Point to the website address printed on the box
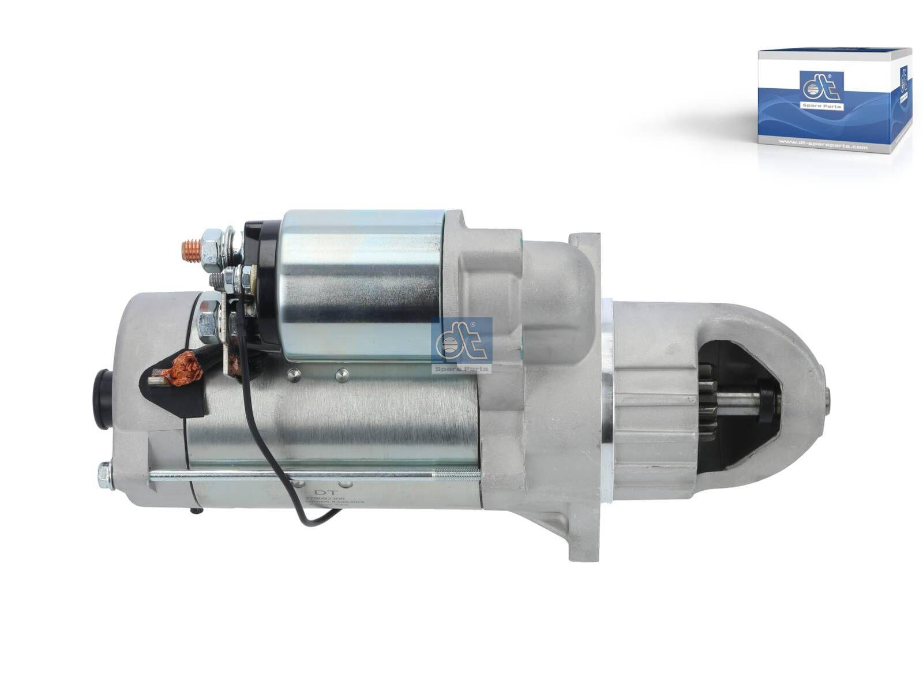tap(815, 146)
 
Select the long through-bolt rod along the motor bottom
tap(312, 475)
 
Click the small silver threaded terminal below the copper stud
tap(219, 279)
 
